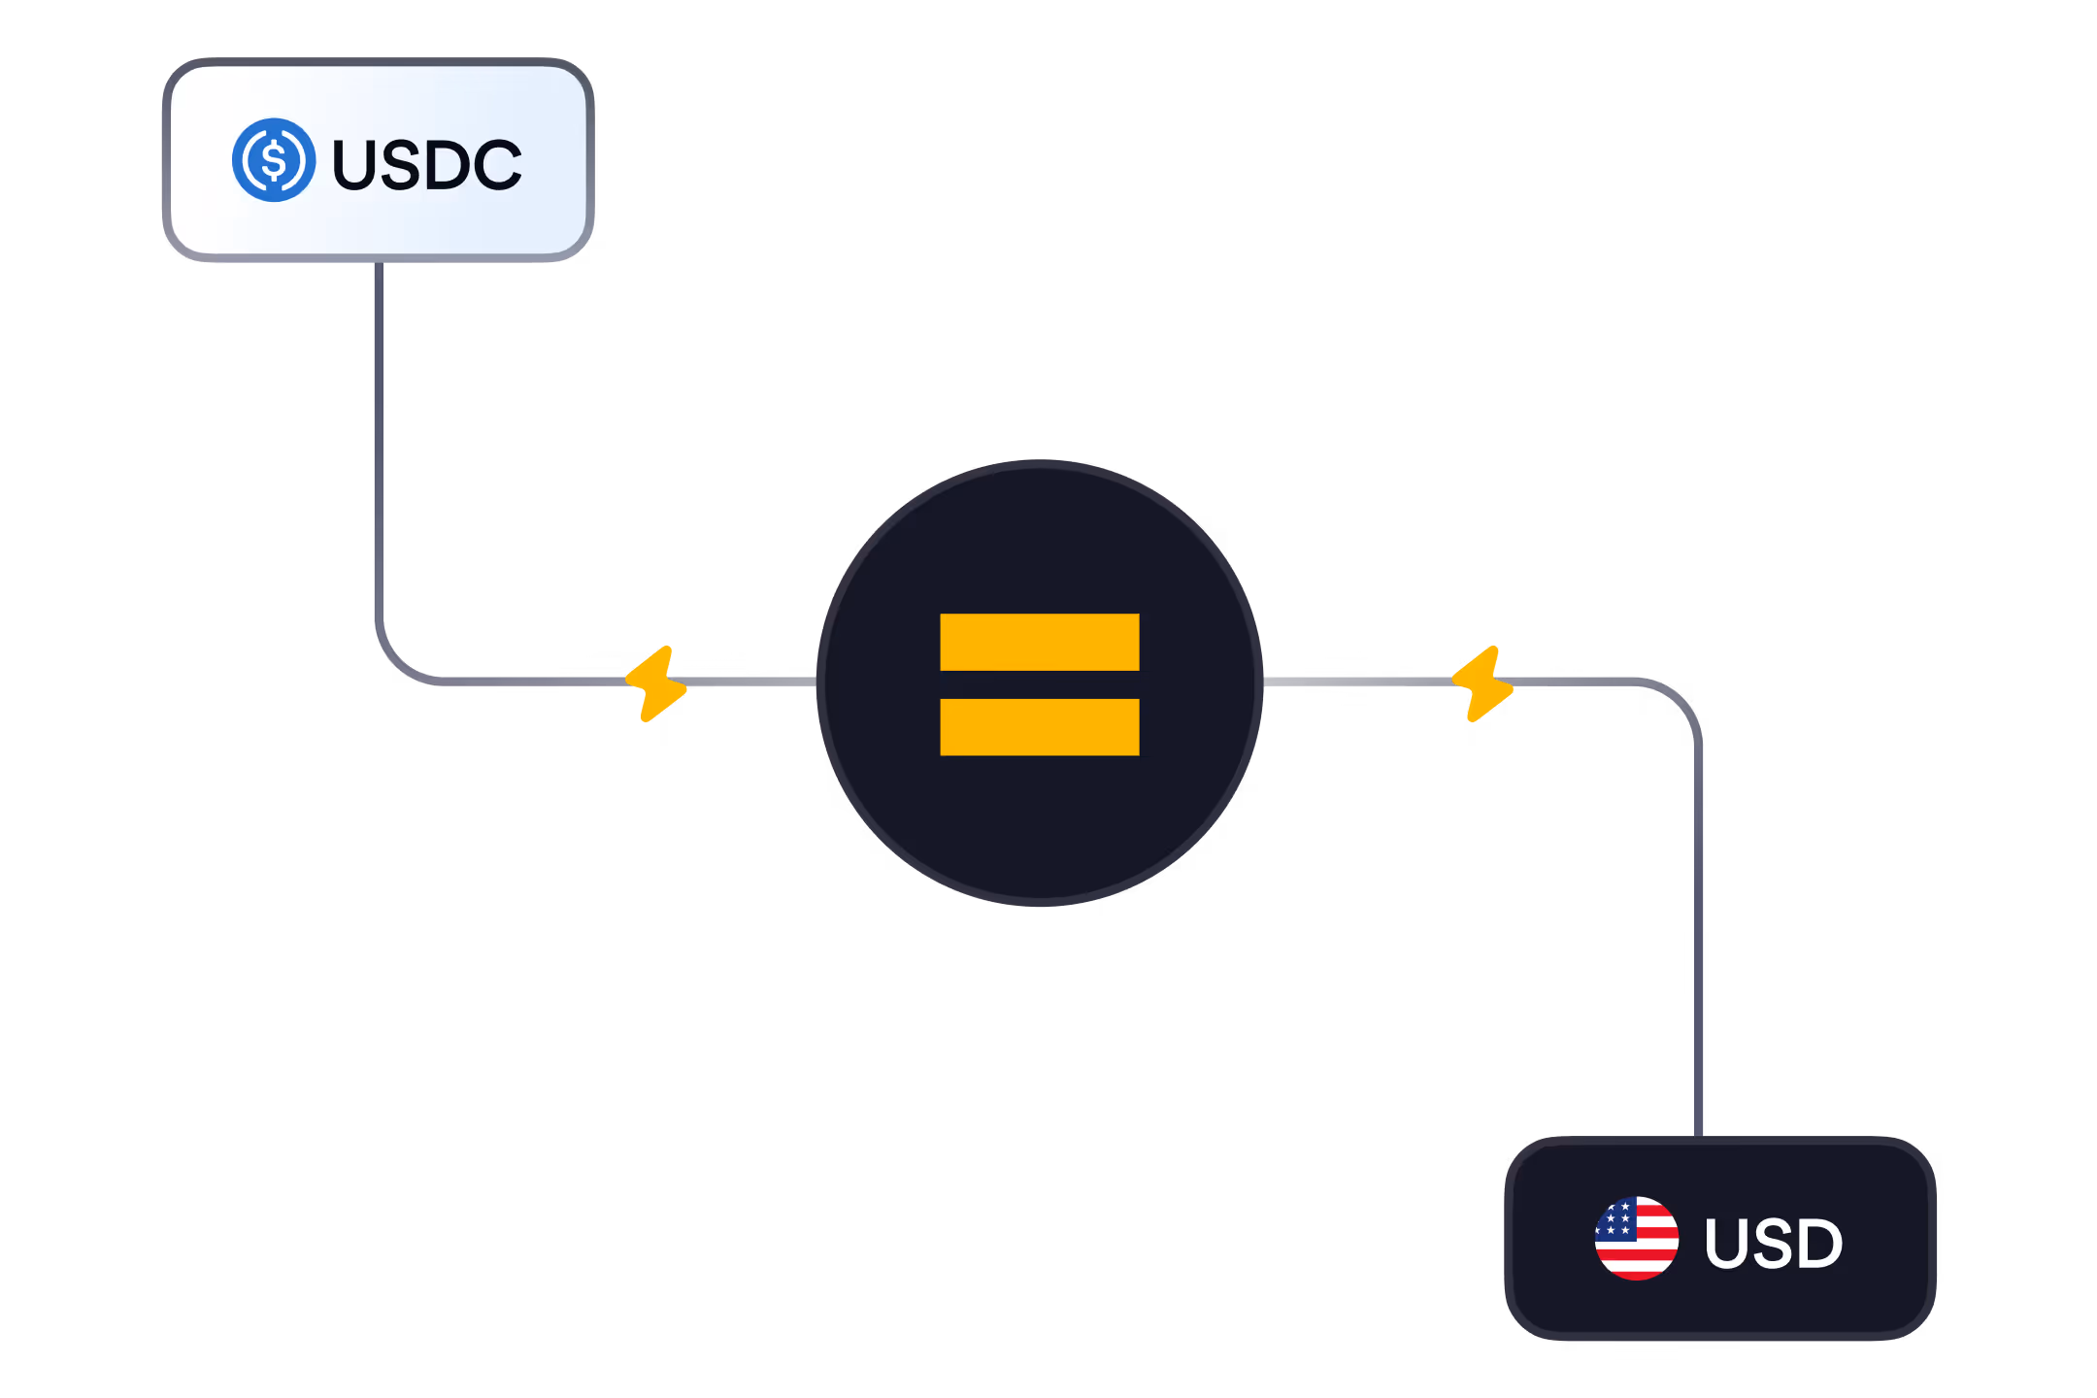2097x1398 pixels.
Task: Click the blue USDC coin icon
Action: [x=274, y=160]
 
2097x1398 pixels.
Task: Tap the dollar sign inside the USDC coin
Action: [x=274, y=160]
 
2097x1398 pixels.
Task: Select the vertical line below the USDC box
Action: [x=379, y=437]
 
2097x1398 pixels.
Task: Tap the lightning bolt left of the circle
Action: [x=656, y=683]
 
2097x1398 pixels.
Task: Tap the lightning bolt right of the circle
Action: [x=1482, y=683]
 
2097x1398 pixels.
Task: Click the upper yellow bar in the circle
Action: [x=1039, y=642]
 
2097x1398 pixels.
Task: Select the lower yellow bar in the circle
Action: [x=1039, y=727]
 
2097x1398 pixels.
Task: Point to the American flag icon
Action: [x=1637, y=1238]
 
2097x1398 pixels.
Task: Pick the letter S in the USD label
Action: [x=1773, y=1244]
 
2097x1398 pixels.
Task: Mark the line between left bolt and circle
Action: [x=752, y=682]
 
